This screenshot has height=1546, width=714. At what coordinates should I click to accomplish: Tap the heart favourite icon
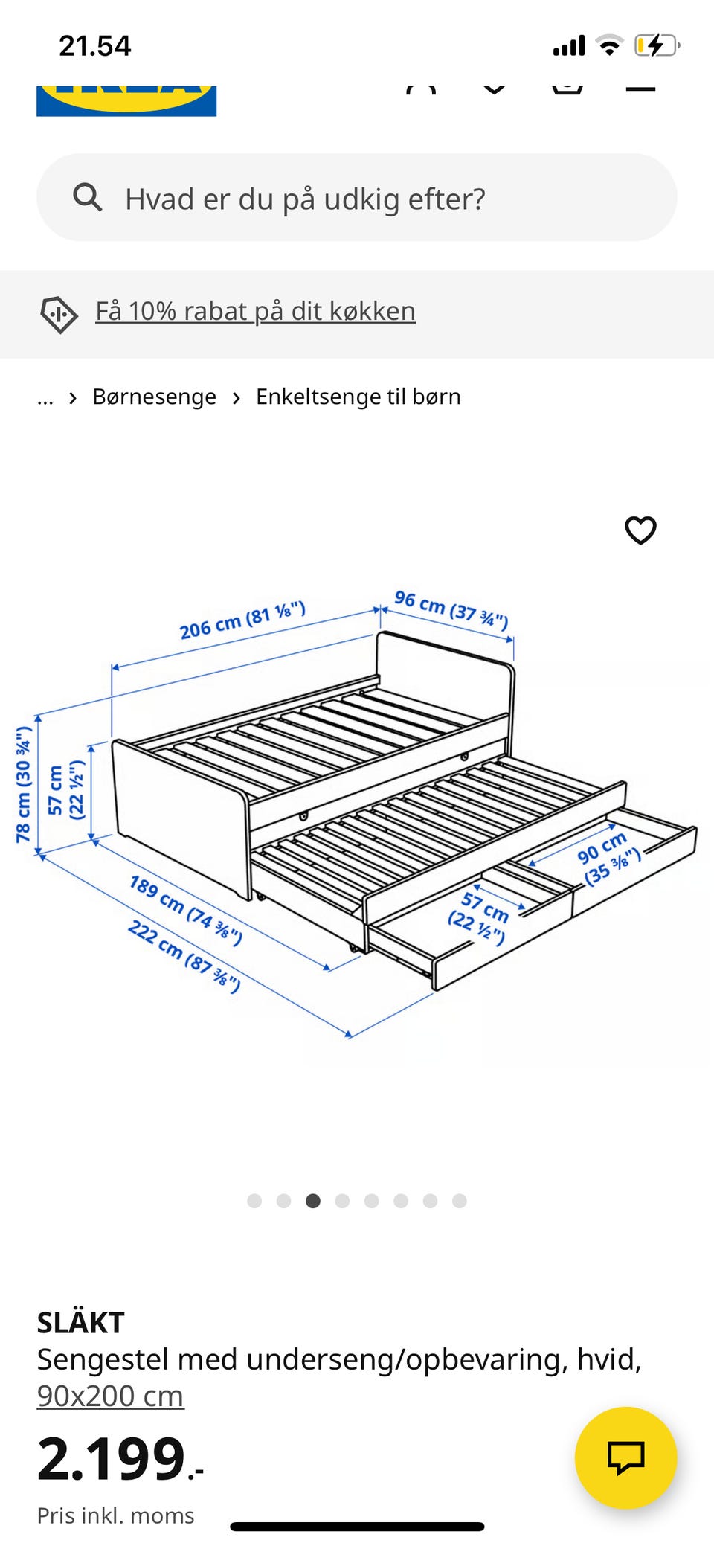point(640,530)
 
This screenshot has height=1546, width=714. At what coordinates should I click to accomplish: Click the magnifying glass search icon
point(88,197)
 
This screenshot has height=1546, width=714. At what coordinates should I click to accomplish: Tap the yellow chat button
point(625,1457)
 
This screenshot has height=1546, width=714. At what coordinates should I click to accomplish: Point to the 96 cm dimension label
point(451,609)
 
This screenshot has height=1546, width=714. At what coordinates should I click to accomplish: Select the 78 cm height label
point(24,784)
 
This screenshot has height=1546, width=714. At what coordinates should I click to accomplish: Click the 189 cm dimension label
point(185,910)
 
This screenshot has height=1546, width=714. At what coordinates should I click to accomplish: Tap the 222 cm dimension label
point(184,956)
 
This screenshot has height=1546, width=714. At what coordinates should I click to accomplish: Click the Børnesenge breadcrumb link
point(154,397)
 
